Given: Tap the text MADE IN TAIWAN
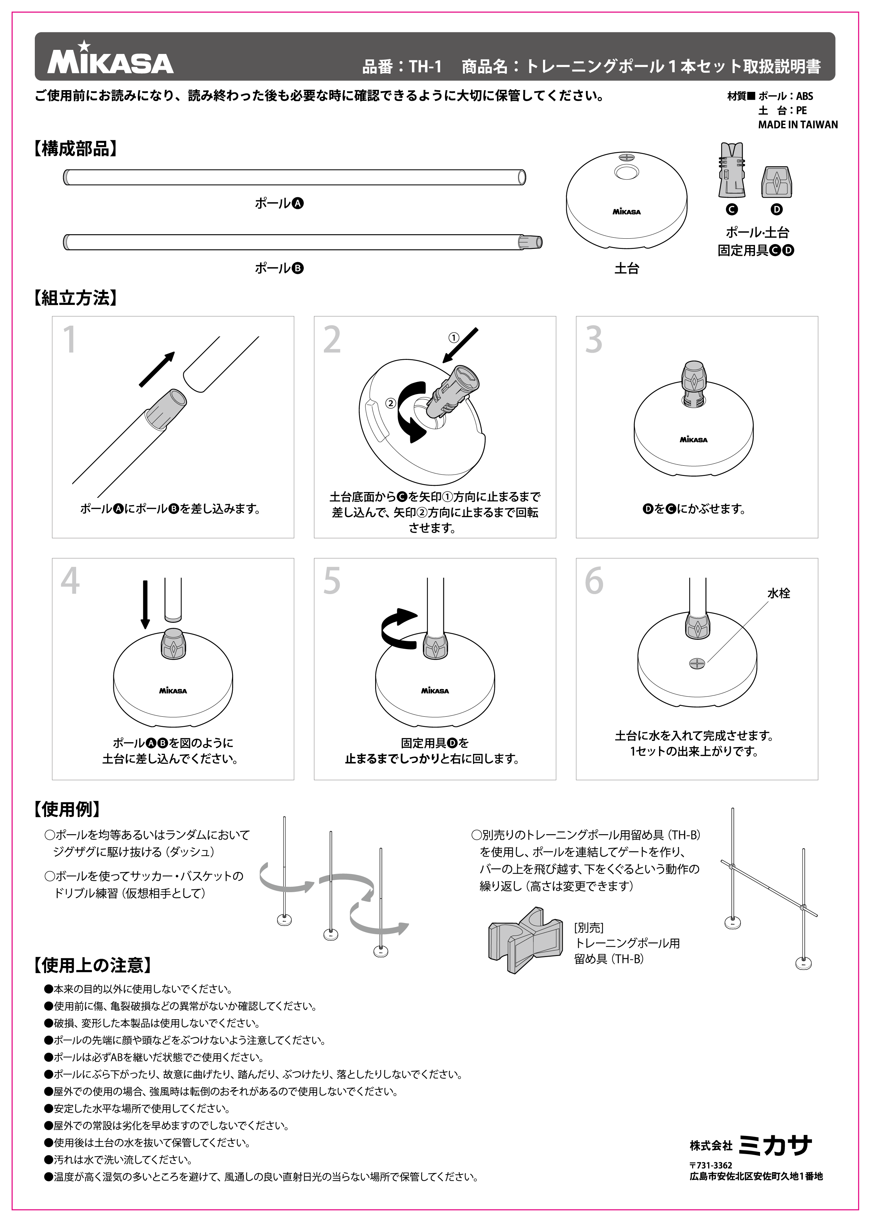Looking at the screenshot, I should (x=798, y=124).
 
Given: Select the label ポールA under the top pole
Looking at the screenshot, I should (x=279, y=203).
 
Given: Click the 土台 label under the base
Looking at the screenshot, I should (x=626, y=268).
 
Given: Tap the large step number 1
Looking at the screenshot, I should (x=70, y=340).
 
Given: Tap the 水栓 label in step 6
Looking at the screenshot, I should (x=778, y=593).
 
